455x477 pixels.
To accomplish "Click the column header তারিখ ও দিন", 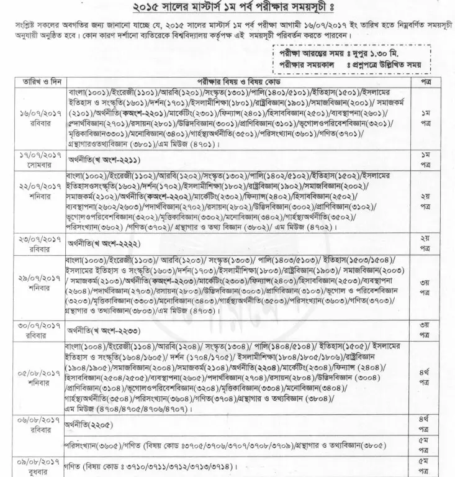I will point(39,82).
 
